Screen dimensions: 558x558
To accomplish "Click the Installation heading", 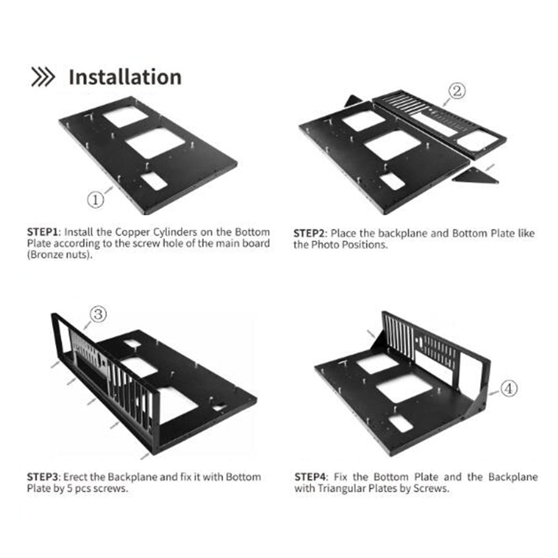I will click(x=125, y=77).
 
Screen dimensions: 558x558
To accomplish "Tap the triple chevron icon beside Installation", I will click(x=43, y=77).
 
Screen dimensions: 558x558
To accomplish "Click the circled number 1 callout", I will click(x=95, y=200).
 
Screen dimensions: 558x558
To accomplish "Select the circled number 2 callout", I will click(x=457, y=91).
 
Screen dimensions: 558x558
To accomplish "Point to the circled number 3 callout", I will click(x=98, y=314).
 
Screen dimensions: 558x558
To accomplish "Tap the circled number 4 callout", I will click(x=509, y=388).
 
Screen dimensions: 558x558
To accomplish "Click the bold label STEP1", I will click(x=42, y=232).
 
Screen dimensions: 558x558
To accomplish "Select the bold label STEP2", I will click(x=309, y=234).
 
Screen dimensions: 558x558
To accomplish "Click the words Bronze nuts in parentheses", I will click(x=60, y=255).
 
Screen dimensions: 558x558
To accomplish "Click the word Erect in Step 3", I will click(x=75, y=477).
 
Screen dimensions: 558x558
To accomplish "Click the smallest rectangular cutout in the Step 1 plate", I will click(x=154, y=181).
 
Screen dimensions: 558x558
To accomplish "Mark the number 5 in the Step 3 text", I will click(x=70, y=488).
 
